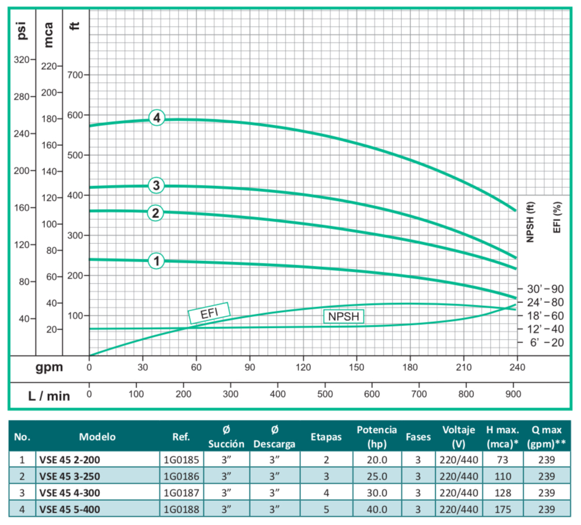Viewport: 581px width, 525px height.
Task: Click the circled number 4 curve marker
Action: pyautogui.click(x=157, y=118)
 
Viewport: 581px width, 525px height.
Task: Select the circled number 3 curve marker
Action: pyautogui.click(x=156, y=186)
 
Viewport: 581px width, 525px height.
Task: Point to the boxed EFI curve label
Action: pyautogui.click(x=209, y=313)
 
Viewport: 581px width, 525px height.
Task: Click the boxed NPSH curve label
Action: pyautogui.click(x=343, y=317)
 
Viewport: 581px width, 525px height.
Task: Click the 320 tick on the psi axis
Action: pyautogui.click(x=24, y=60)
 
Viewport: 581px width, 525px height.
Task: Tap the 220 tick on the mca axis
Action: pyautogui.click(x=51, y=66)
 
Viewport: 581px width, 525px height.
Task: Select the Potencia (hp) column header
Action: pyautogui.click(x=376, y=436)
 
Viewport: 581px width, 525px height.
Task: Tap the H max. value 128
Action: pyautogui.click(x=503, y=491)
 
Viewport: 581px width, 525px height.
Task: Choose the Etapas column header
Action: pyautogui.click(x=326, y=437)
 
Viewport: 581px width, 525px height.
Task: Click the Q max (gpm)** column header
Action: pyautogui.click(x=545, y=436)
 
